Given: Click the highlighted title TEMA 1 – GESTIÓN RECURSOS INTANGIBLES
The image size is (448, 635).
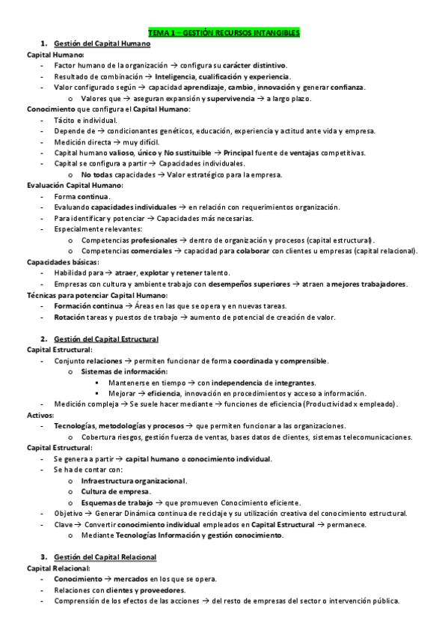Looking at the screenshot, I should coord(224,33).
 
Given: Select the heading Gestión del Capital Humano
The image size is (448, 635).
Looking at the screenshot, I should coord(102,44).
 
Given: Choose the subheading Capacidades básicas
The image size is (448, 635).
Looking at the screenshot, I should coord(58,261).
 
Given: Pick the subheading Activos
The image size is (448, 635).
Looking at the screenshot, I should coord(40,414).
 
